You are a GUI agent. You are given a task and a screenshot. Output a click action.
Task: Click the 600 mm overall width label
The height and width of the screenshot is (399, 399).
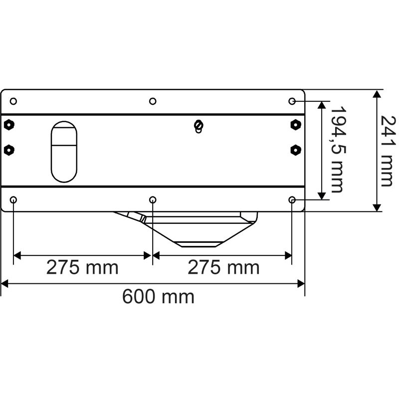pyautogui.click(x=158, y=297)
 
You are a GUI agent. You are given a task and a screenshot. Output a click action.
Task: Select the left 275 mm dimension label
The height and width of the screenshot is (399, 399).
pyautogui.click(x=82, y=267)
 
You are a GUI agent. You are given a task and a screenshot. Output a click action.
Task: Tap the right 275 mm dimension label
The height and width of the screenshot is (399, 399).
pyautogui.click(x=223, y=267)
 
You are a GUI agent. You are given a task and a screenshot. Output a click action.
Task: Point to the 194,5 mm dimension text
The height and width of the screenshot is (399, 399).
pyautogui.click(x=338, y=149)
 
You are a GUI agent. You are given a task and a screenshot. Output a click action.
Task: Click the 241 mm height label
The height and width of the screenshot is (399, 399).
pyautogui.click(x=386, y=151)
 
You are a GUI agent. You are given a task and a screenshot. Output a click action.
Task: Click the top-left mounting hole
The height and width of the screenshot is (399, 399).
pyautogui.click(x=13, y=101)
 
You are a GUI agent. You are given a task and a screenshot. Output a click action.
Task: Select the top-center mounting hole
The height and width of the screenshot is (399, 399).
pyautogui.click(x=153, y=101)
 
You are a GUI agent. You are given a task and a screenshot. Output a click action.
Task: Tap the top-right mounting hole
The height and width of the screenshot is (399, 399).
pyautogui.click(x=293, y=101)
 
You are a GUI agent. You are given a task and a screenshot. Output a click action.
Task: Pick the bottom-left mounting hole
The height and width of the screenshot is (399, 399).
pyautogui.click(x=13, y=200)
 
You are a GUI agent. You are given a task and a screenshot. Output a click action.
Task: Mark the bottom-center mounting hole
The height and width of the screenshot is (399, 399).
pyautogui.click(x=153, y=200)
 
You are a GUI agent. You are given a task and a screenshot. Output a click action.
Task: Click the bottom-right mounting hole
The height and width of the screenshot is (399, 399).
pyautogui.click(x=293, y=200)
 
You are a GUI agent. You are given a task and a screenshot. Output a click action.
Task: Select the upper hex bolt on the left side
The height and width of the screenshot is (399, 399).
pyautogui.click(x=8, y=125)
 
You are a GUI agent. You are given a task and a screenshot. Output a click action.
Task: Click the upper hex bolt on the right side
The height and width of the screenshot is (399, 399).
pyautogui.click(x=296, y=125)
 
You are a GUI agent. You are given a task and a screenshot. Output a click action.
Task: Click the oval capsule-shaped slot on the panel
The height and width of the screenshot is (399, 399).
pyautogui.click(x=64, y=151)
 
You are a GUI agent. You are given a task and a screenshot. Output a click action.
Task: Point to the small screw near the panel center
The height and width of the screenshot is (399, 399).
pyautogui.click(x=199, y=126)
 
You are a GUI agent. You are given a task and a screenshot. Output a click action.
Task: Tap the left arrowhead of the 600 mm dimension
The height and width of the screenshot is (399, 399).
pyautogui.click(x=4, y=284)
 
